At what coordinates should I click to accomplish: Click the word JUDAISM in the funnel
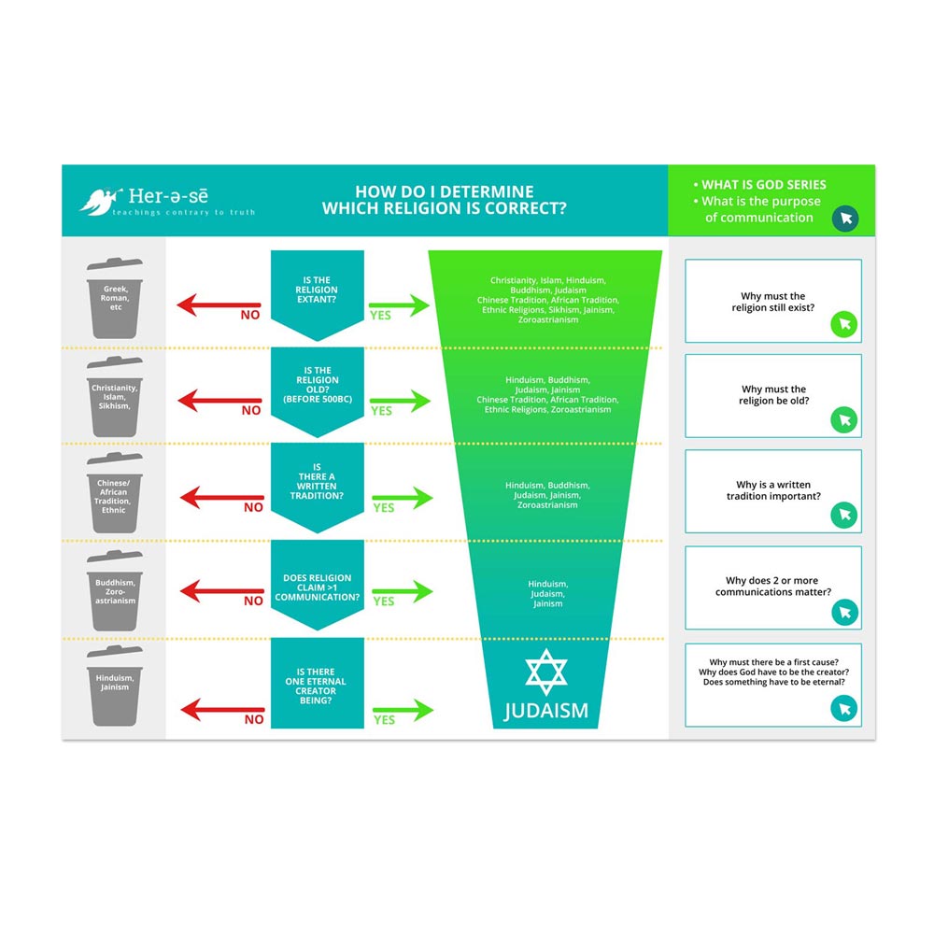click(x=546, y=711)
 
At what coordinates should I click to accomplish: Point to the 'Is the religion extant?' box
click(x=318, y=290)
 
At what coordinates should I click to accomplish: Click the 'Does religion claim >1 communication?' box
click(x=318, y=584)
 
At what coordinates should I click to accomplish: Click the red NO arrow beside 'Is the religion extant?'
click(x=219, y=304)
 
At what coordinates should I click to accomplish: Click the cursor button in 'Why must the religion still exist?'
click(x=844, y=324)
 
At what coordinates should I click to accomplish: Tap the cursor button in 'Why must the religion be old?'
click(x=844, y=419)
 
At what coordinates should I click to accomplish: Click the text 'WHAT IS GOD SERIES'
click(x=764, y=185)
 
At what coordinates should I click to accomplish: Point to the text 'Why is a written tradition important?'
click(x=773, y=490)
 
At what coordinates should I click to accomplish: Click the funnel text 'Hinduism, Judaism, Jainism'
click(x=547, y=594)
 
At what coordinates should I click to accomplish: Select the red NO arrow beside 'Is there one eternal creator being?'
click(x=220, y=709)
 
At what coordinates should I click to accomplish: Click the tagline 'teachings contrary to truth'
click(x=183, y=213)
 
